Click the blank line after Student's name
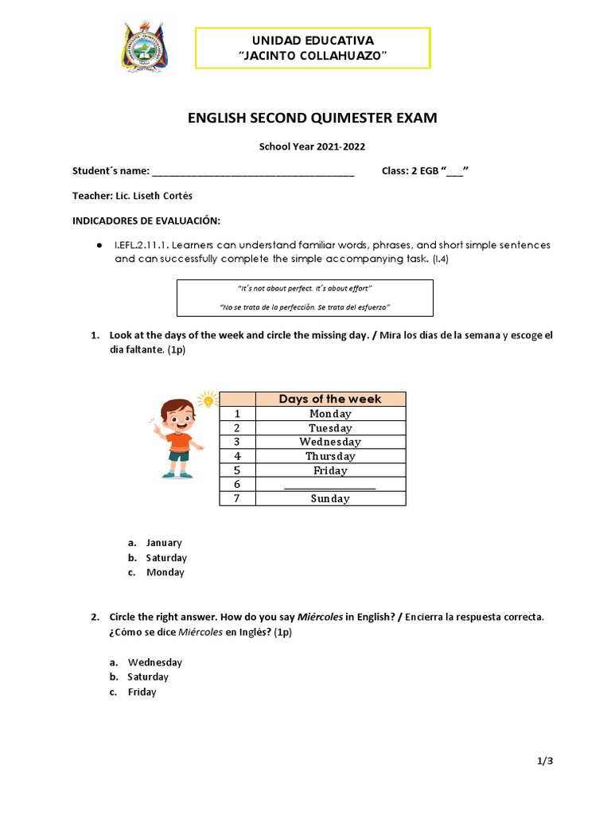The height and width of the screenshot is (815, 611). pos(253,172)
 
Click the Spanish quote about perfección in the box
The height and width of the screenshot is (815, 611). pos(304,306)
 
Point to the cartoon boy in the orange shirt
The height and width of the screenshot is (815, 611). pos(177,439)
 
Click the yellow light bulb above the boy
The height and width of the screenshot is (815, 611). pos(208,399)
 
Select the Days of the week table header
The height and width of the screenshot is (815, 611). pos(329,399)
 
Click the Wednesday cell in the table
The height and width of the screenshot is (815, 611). pos(329,442)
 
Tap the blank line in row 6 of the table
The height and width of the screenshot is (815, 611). pos(329,485)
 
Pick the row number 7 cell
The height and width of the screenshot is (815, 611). pos(236,498)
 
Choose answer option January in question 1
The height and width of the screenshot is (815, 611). pos(164,543)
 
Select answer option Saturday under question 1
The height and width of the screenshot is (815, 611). pos(166,558)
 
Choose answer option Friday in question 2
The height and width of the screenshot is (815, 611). pos(142,692)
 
